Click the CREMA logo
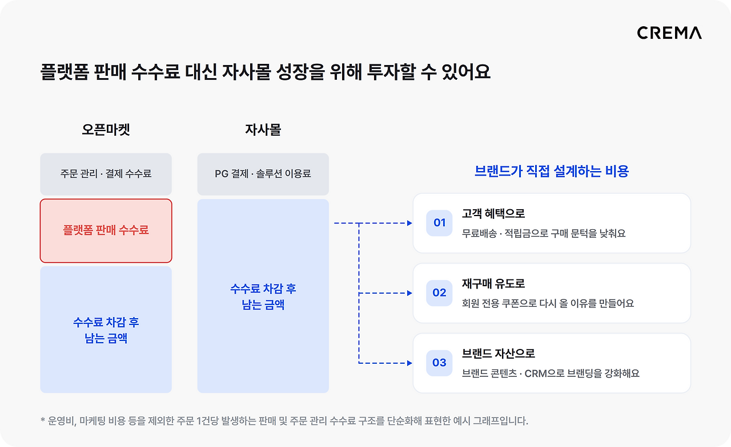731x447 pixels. (669, 33)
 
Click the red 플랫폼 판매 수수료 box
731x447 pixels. (106, 231)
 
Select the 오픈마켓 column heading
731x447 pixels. (106, 129)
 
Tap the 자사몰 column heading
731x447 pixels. (263, 129)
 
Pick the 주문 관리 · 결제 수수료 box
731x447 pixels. (106, 174)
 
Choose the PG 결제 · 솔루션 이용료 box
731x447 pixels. (263, 174)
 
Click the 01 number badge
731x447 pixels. (439, 223)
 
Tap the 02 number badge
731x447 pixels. (439, 293)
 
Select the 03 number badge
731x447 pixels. (439, 363)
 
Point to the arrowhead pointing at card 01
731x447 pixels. (409, 223)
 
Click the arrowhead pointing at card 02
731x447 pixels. (409, 293)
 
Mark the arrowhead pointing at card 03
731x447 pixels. (409, 363)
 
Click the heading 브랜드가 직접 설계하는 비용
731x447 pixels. (552, 172)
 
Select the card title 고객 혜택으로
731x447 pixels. (493, 214)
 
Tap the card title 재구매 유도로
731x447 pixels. (493, 284)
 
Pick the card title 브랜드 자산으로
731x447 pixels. (499, 354)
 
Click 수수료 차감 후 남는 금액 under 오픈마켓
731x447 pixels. (106, 330)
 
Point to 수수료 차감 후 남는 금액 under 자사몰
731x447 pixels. (263, 297)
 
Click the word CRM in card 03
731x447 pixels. (536, 373)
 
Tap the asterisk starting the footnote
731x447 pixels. (43, 420)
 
